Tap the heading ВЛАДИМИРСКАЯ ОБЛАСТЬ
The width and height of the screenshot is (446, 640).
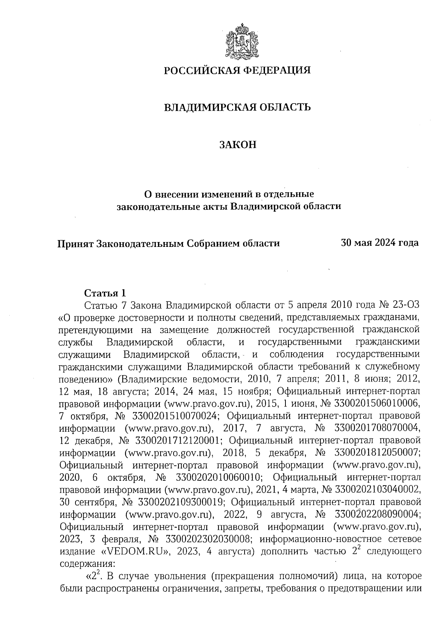(x=237, y=108)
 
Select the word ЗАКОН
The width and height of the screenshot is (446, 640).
(x=237, y=145)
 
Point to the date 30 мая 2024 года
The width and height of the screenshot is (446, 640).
(x=380, y=243)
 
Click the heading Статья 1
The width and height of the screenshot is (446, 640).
(x=105, y=293)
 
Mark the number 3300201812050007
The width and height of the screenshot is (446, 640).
(x=377, y=453)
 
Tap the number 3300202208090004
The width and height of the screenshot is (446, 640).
(x=377, y=514)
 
